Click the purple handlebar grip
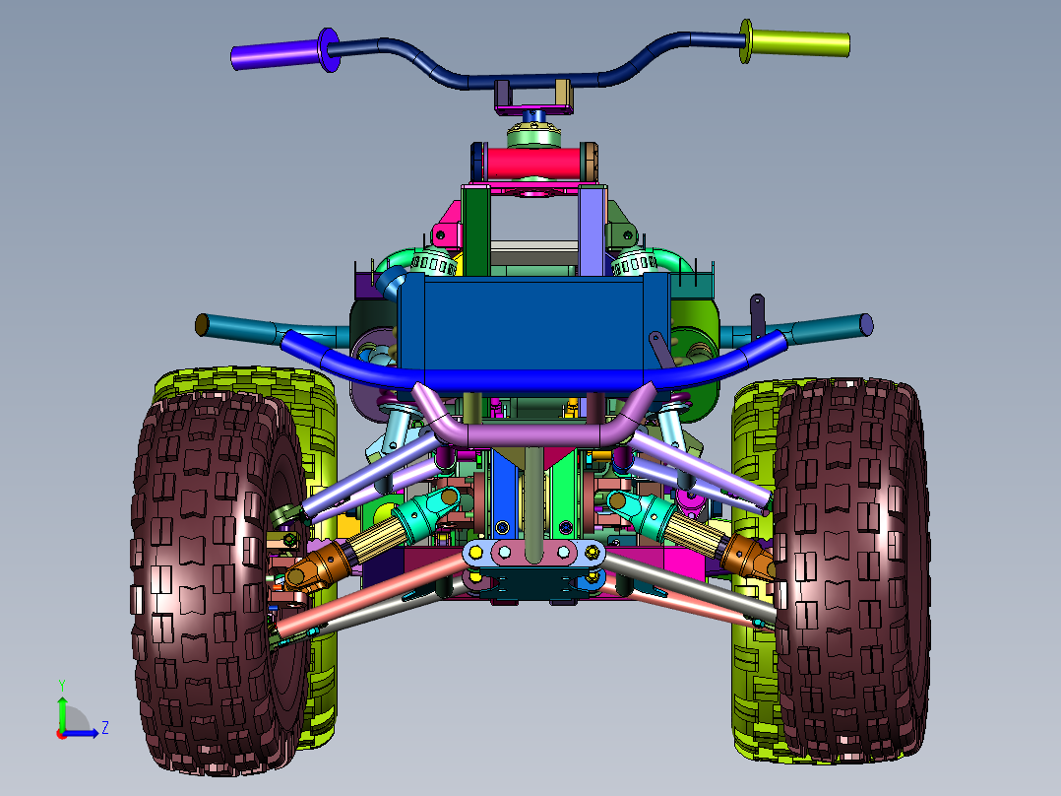click(276, 54)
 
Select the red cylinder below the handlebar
click(533, 164)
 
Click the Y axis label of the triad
click(62, 685)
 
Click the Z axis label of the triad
click(105, 728)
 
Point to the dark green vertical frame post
click(476, 232)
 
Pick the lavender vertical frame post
click(592, 232)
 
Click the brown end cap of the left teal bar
click(201, 324)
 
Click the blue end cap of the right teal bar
click(866, 324)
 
